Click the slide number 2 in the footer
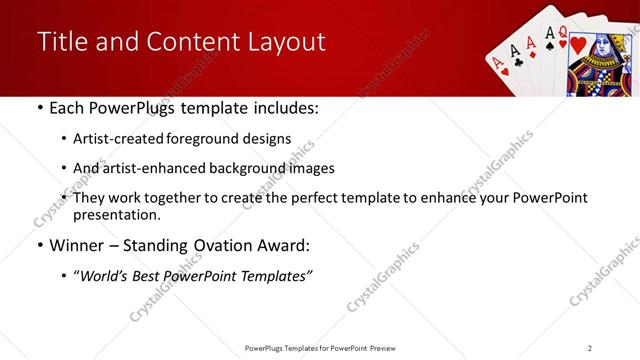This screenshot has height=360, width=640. pos(589,348)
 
